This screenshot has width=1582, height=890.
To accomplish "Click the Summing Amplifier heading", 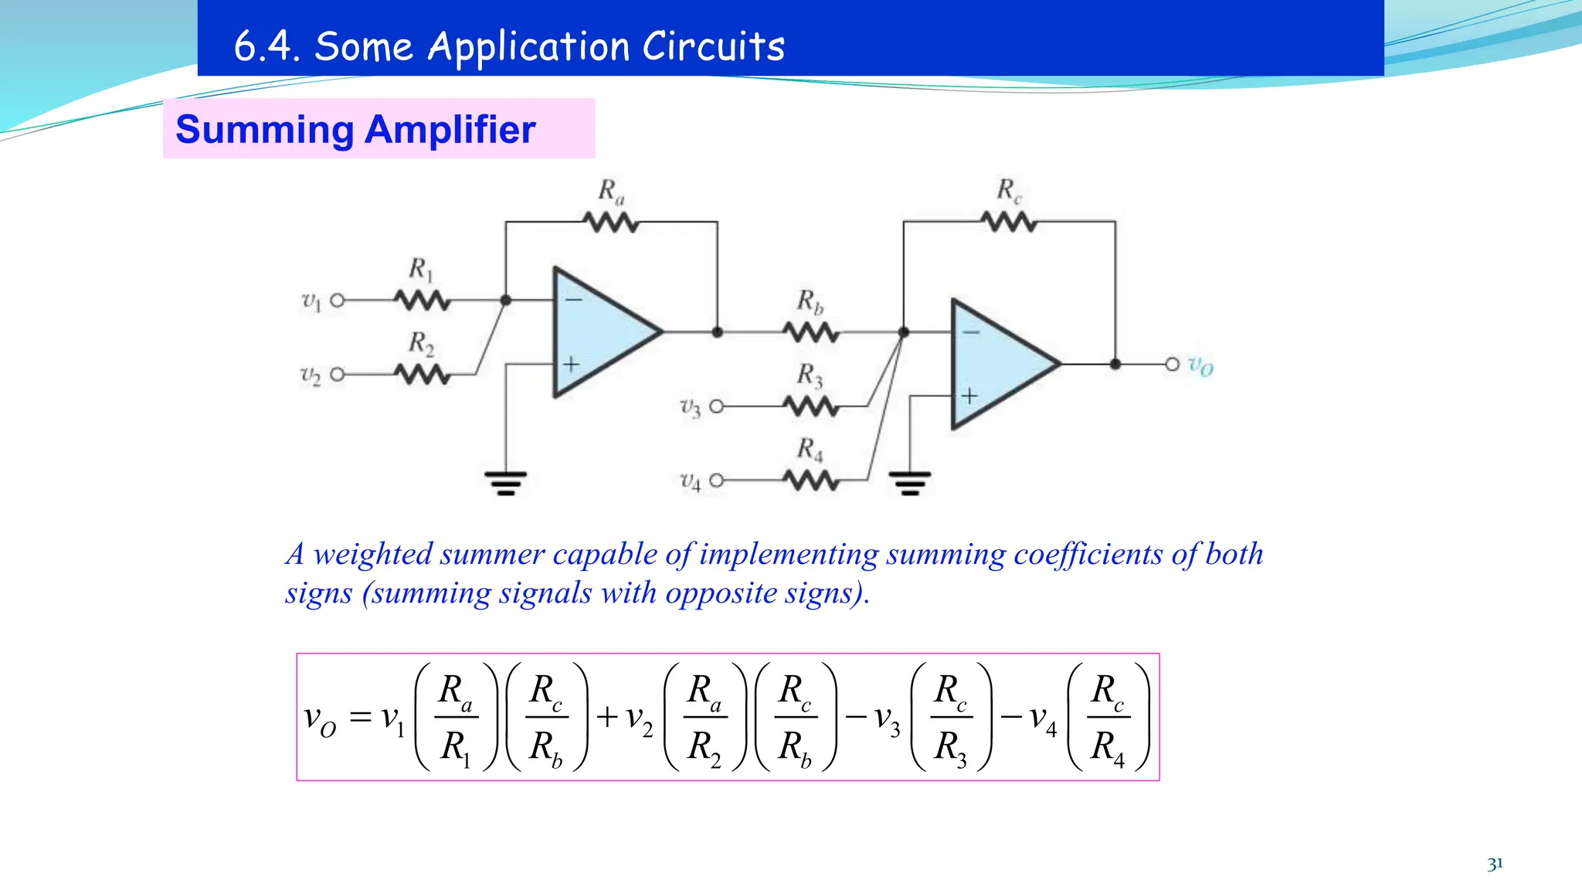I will coord(355,129).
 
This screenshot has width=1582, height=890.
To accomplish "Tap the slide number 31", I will coord(1495,864).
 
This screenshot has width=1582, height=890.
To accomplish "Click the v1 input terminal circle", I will coord(338,301).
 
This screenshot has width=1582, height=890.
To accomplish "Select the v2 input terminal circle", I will coord(338,375).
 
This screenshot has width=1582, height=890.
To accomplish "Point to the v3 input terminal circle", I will coord(716,406).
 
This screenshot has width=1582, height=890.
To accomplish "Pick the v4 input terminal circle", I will coord(716,481).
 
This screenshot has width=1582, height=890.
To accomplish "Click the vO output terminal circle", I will coord(1172,364).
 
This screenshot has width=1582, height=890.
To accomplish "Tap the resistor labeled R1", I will coord(422,301).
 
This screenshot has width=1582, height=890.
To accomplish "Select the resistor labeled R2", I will coord(422,375).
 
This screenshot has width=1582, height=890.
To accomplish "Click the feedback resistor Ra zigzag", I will coord(611,222).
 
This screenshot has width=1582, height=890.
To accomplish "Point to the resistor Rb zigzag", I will coord(810,333).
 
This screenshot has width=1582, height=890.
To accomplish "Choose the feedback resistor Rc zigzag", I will coord(1009,222).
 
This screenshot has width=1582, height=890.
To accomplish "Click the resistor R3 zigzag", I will coord(810,406).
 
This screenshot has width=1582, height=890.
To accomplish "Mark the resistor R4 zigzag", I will coord(810,481).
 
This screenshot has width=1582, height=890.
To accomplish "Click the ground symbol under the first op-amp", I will coord(506,482).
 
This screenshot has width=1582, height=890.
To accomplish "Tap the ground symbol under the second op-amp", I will coord(910,482).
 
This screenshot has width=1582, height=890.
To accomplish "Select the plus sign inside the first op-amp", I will coord(571,364).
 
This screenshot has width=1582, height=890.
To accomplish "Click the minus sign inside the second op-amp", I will coord(970,332).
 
